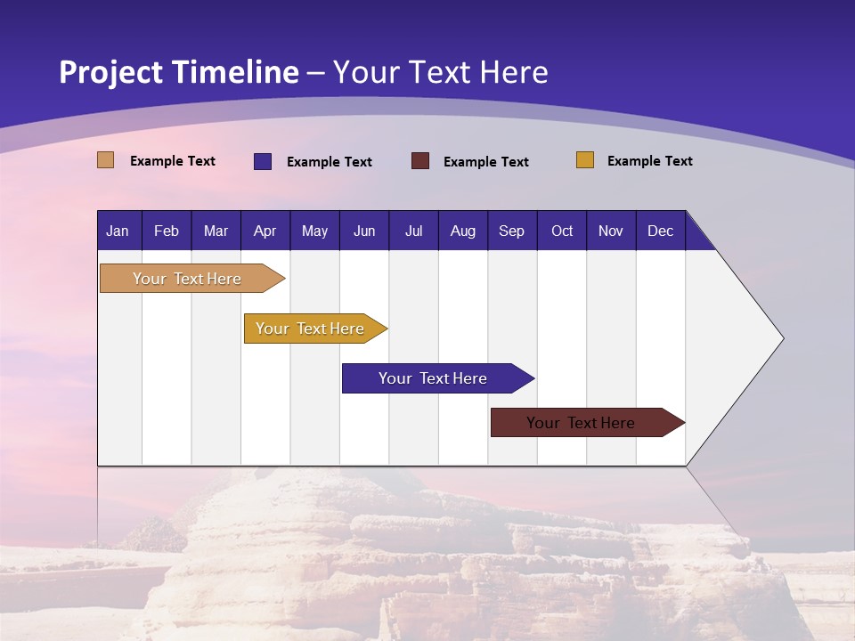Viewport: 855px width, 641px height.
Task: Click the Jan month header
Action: coord(118,231)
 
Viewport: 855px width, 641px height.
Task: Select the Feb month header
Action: coord(167,231)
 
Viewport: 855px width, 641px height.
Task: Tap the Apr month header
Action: coord(265,231)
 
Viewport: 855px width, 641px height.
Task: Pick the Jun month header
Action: coord(364,231)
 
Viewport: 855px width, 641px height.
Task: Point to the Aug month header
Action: coord(462,231)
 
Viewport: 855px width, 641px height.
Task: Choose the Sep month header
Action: coord(511,231)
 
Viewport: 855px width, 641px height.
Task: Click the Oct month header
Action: coord(562,231)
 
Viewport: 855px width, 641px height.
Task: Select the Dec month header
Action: coord(660,231)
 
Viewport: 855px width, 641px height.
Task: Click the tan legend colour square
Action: coord(106,160)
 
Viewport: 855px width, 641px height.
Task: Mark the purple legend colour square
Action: coord(263,161)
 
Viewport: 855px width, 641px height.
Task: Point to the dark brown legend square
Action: coord(420,161)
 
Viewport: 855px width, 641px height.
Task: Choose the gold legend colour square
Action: coord(585,160)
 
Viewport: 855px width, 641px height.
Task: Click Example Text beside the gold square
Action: coord(649,161)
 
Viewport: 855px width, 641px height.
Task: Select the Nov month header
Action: coord(610,231)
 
